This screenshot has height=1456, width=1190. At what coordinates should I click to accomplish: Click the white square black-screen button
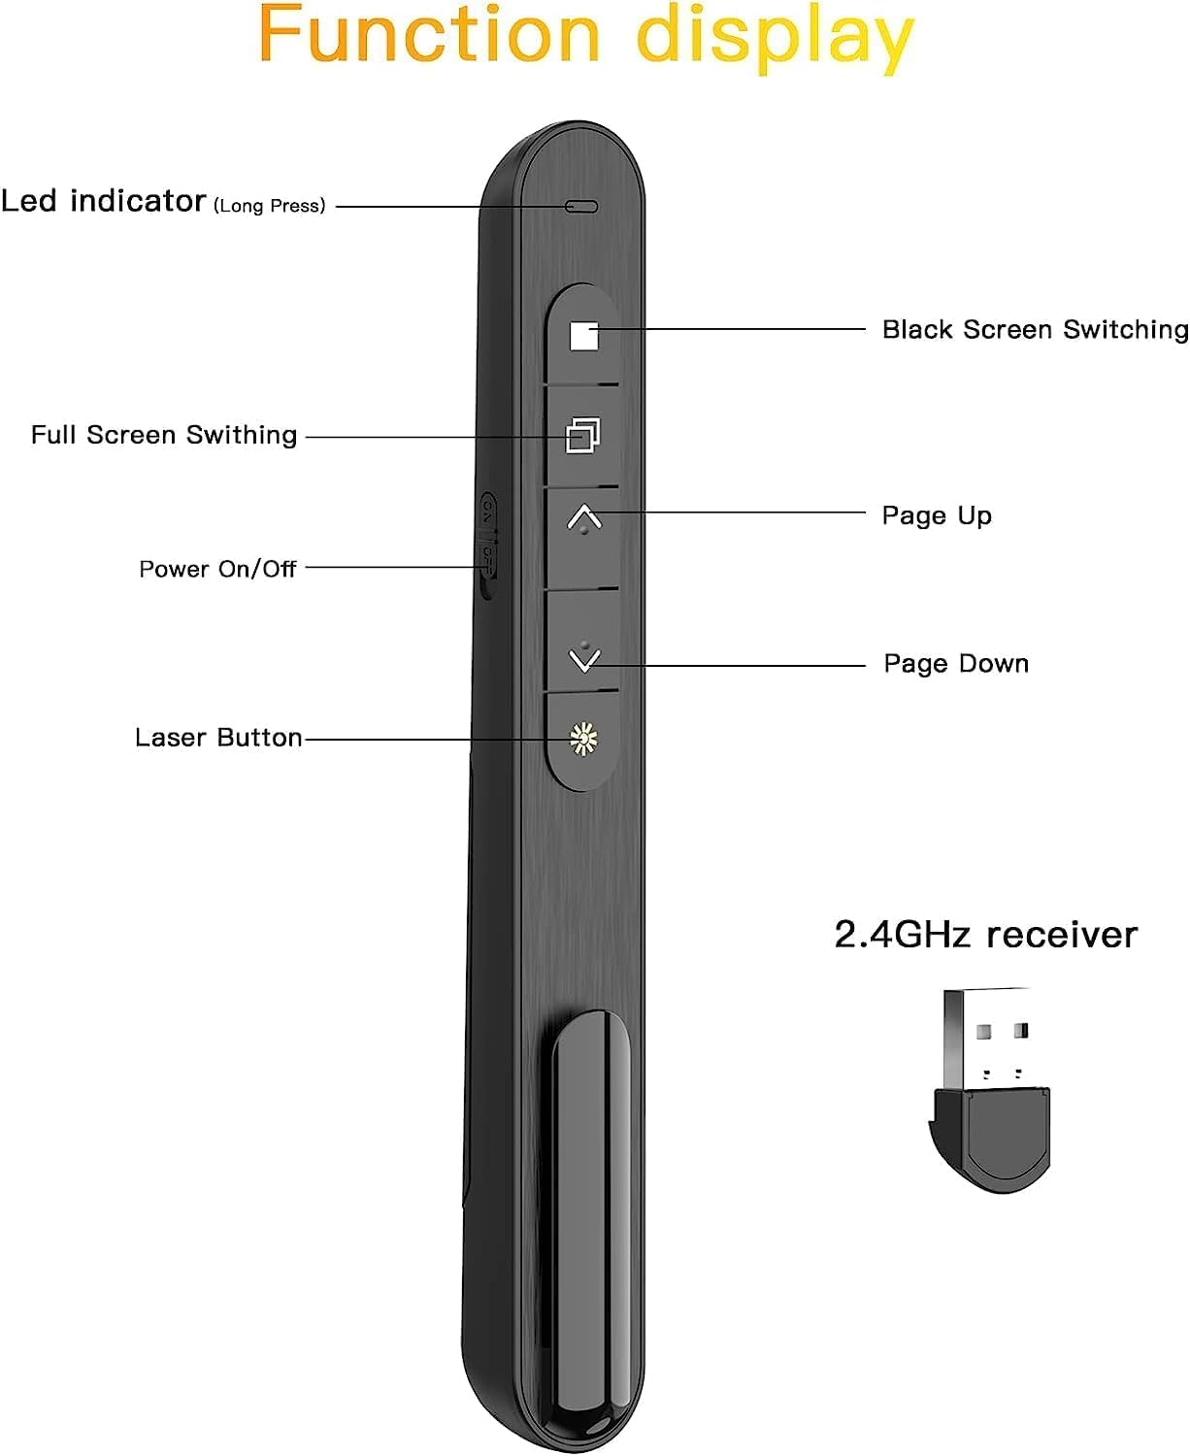[x=583, y=336]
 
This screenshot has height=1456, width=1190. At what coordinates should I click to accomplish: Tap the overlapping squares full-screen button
[x=582, y=435]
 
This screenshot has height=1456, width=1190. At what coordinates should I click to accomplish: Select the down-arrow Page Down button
[x=583, y=659]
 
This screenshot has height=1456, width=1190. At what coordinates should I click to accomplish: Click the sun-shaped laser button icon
[x=582, y=739]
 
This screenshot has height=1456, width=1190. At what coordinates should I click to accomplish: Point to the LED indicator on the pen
[x=581, y=207]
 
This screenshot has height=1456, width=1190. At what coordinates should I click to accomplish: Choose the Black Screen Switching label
[x=1035, y=330]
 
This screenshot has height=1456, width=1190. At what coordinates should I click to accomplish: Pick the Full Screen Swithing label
[x=164, y=435]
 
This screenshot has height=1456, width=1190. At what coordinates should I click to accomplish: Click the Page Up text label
[x=937, y=515]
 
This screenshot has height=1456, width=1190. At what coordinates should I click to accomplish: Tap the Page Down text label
[x=956, y=664]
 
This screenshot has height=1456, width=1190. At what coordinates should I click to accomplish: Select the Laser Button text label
[x=218, y=738]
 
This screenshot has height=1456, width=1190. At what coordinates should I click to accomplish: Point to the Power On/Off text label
[x=217, y=569]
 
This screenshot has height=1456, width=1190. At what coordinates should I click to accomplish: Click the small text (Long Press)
[x=270, y=206]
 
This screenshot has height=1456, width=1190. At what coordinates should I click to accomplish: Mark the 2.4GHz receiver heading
[x=985, y=935]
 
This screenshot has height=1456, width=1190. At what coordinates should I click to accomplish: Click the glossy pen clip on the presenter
[x=589, y=1223]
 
